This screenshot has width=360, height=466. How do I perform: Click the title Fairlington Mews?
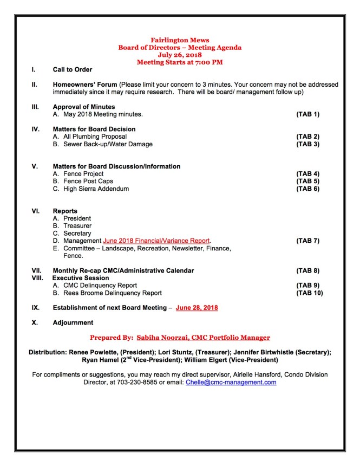click(x=180, y=41)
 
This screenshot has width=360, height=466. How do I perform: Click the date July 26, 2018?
click(x=180, y=55)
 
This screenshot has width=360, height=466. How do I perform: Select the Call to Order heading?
click(x=72, y=70)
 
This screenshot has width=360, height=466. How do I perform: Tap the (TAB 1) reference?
click(x=307, y=114)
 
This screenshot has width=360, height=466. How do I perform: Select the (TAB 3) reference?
click(x=307, y=144)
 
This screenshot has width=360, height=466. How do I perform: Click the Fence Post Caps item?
click(x=88, y=181)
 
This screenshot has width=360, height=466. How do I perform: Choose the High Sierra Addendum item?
click(x=96, y=189)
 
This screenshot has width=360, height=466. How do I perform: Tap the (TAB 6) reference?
click(x=307, y=189)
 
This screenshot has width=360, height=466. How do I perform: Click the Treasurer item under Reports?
click(x=77, y=226)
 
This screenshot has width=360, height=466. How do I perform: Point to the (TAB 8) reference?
click(x=307, y=270)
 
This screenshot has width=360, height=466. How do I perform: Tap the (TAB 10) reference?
click(x=309, y=293)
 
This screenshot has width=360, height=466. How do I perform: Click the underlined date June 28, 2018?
click(x=197, y=308)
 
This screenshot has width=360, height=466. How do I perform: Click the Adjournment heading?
click(x=73, y=322)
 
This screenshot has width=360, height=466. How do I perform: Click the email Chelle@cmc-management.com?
click(x=231, y=382)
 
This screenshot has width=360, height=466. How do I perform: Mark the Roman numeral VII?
click(x=36, y=270)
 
